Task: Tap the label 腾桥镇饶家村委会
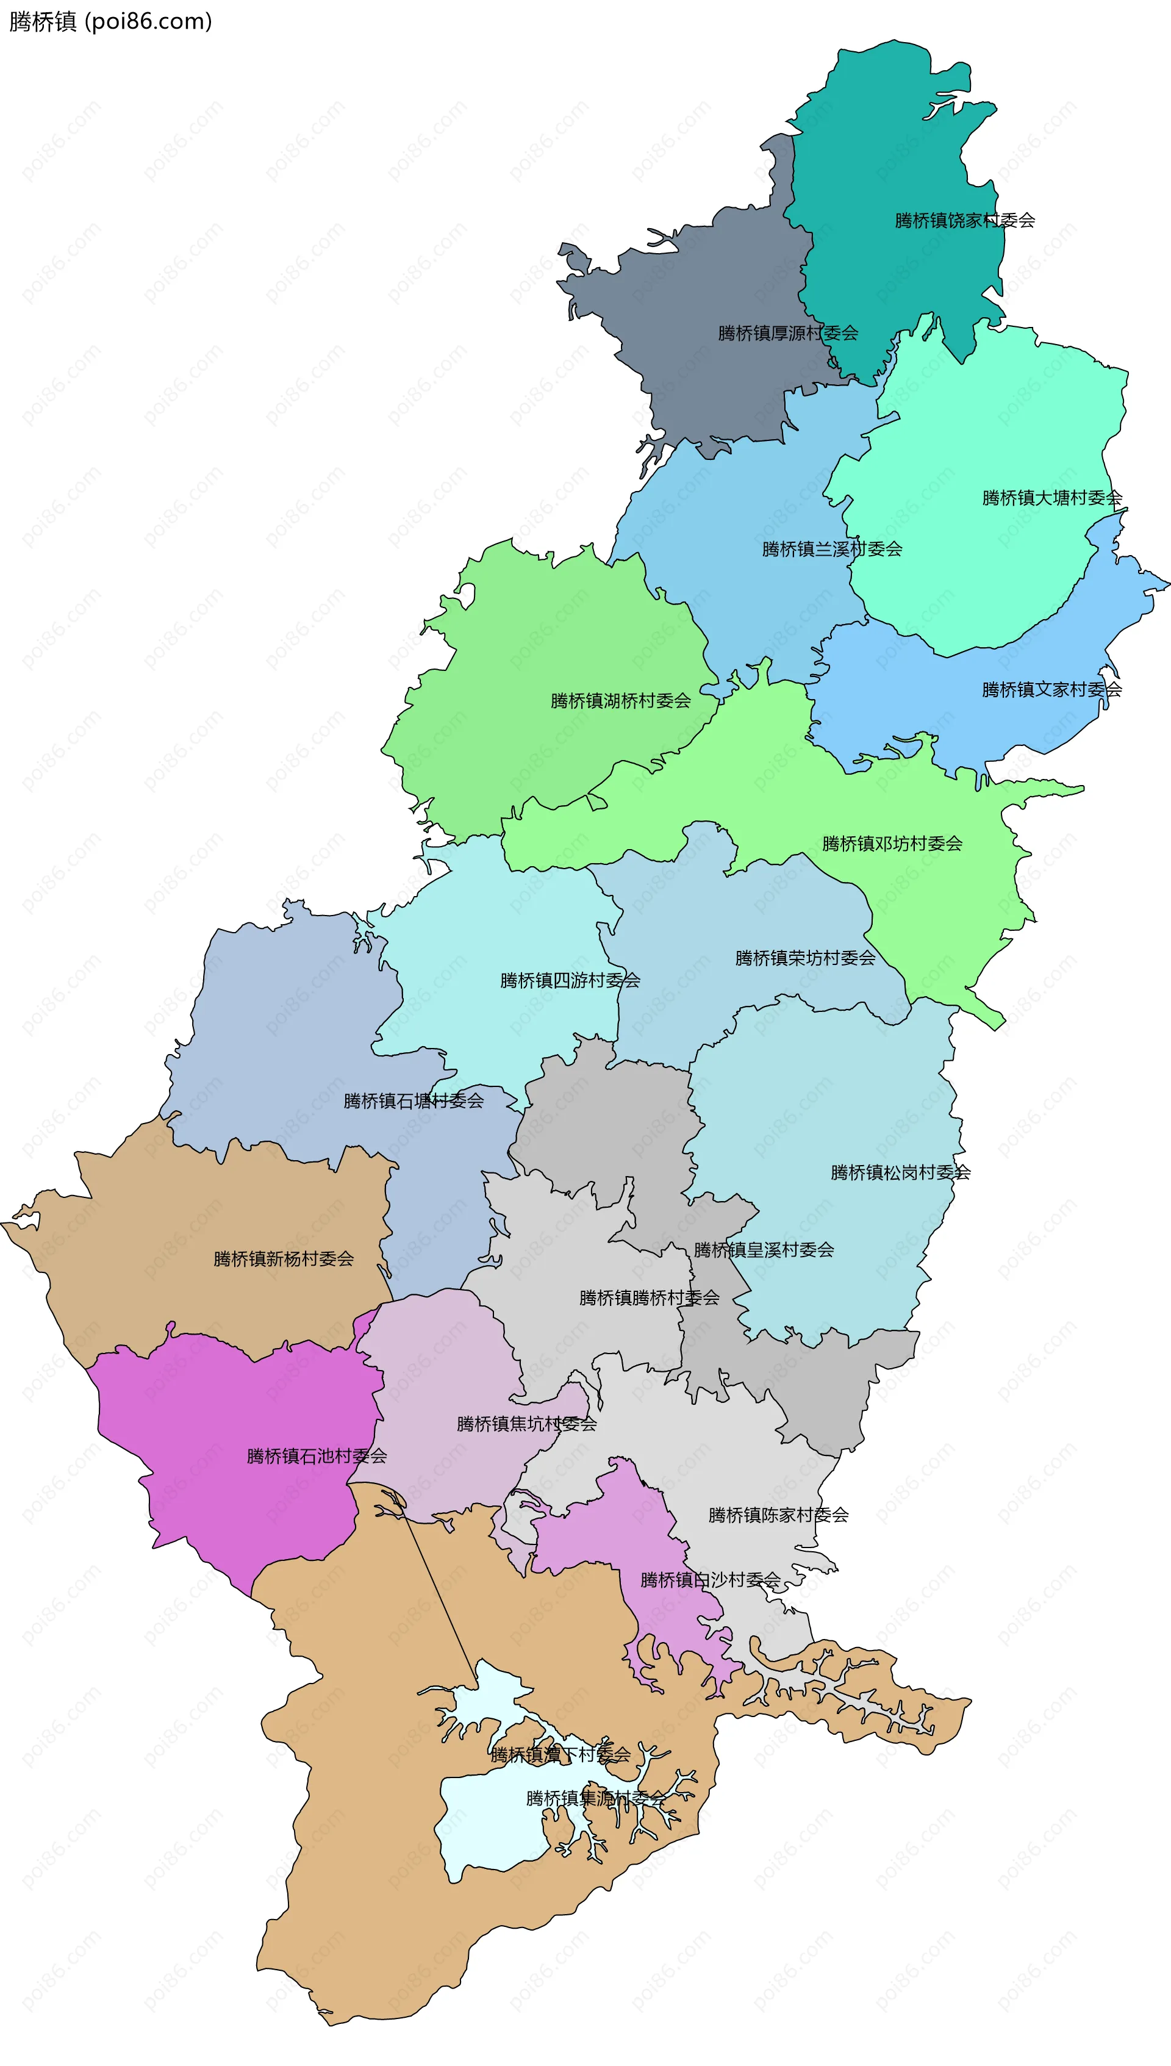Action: click(964, 220)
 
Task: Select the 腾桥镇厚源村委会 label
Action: click(787, 333)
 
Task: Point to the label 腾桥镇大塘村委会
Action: click(1051, 498)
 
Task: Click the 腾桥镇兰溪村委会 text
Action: click(832, 549)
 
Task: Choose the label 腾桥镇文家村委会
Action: click(1051, 689)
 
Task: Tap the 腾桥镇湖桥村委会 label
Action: click(620, 700)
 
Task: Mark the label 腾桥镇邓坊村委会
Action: click(892, 844)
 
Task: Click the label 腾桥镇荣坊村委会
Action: click(805, 958)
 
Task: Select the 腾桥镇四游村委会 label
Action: click(570, 980)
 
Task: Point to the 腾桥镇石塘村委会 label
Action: click(414, 1101)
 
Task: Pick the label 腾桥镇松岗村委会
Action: click(900, 1172)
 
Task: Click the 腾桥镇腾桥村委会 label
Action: click(649, 1297)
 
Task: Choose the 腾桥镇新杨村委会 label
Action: click(283, 1258)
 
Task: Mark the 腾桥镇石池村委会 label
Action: click(317, 1455)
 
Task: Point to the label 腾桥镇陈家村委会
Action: click(778, 1515)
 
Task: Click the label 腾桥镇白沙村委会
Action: click(709, 1580)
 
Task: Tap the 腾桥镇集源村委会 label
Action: click(595, 1798)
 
